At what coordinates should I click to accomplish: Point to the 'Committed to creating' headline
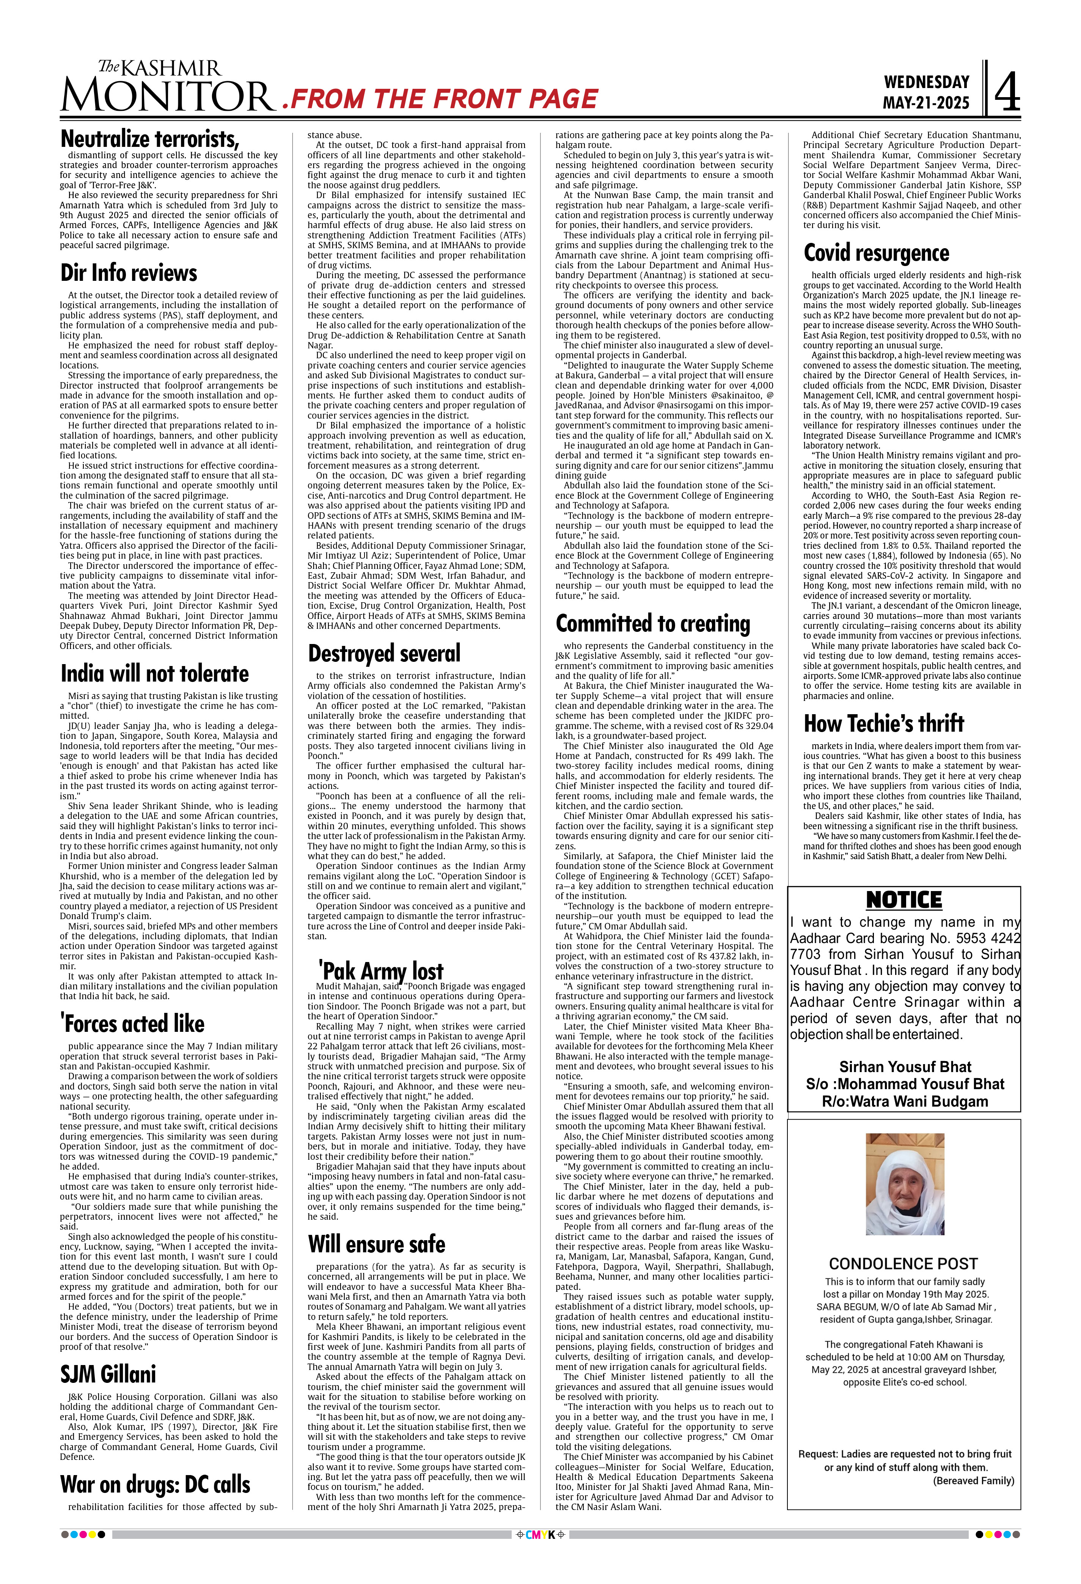pyautogui.click(x=652, y=624)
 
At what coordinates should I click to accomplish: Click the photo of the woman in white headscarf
pyautogui.click(x=905, y=1184)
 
